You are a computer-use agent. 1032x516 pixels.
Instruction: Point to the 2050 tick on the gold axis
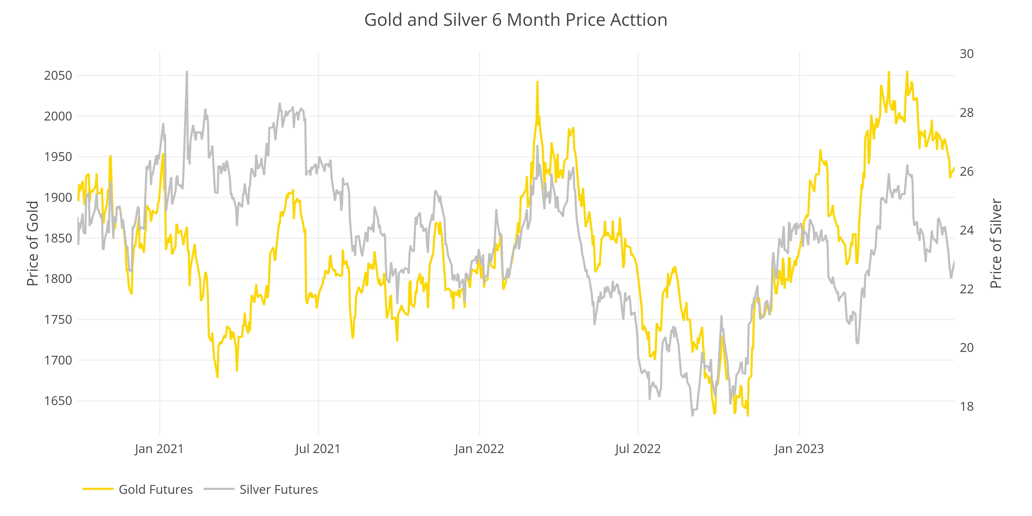58,75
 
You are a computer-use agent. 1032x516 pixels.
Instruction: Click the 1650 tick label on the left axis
58,401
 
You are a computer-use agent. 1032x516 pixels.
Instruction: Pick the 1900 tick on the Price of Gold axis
58,198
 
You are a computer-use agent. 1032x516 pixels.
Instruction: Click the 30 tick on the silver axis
967,54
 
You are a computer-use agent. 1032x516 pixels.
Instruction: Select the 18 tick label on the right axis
967,406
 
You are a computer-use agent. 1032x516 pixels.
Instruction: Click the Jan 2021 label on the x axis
159,449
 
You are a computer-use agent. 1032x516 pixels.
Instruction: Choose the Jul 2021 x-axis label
318,449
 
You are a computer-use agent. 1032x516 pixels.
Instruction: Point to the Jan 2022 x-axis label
479,449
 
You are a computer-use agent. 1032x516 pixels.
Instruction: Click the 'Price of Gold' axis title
33,243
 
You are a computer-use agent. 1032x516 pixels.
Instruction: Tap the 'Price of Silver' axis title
996,243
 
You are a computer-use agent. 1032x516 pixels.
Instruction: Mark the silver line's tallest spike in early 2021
187,72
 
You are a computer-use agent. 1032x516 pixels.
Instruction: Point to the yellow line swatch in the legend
98,489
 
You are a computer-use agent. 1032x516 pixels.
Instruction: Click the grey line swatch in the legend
219,489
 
